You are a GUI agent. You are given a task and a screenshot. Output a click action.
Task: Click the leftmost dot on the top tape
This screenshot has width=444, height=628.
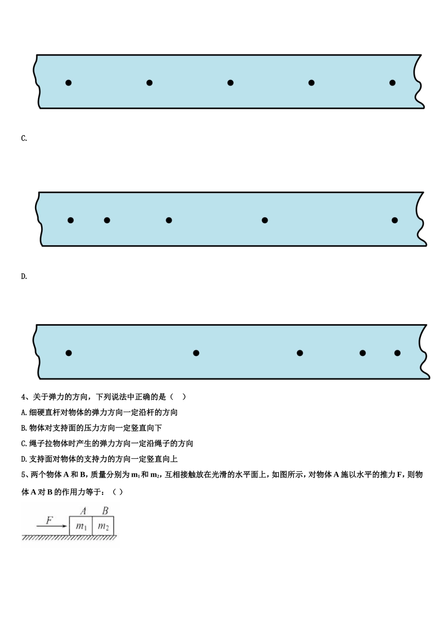tap(68, 83)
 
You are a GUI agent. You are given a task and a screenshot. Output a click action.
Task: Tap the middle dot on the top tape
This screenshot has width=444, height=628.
tap(230, 83)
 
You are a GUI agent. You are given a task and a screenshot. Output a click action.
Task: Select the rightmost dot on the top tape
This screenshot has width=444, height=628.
tap(393, 83)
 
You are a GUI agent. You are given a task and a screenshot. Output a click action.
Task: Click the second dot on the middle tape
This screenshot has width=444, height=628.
tap(107, 220)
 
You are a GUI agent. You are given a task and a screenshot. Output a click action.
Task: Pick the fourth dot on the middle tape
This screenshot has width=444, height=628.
tap(265, 220)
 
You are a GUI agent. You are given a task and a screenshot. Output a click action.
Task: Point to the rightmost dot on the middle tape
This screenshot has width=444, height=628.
tap(395, 220)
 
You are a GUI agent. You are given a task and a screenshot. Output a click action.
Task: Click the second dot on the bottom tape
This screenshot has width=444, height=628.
tap(196, 353)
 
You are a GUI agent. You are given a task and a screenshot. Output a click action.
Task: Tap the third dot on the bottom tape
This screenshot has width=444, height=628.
tap(300, 353)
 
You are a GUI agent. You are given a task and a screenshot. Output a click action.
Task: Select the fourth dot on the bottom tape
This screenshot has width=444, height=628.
tap(363, 353)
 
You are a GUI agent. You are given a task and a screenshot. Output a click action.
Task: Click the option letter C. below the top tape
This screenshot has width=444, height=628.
tap(24, 138)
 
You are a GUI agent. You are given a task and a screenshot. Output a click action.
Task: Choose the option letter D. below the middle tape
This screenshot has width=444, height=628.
tap(24, 276)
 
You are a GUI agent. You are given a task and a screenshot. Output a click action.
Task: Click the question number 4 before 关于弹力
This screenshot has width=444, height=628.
tap(24, 397)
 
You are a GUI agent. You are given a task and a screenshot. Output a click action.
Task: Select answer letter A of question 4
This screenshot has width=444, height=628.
tap(24, 412)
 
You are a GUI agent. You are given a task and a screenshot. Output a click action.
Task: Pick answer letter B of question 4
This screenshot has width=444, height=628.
tap(24, 428)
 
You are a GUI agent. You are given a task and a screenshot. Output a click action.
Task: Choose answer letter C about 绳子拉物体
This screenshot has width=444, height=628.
tap(24, 443)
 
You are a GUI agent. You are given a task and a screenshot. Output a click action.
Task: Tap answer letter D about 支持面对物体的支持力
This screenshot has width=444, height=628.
tap(24, 459)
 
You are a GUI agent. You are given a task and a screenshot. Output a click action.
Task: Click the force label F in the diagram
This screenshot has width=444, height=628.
tap(50, 520)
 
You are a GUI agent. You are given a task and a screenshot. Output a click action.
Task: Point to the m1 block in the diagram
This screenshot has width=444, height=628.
tap(81, 527)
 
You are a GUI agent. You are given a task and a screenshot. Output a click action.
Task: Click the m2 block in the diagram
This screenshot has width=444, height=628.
tap(103, 527)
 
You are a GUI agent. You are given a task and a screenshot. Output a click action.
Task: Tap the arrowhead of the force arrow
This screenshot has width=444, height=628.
tap(66, 526)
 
